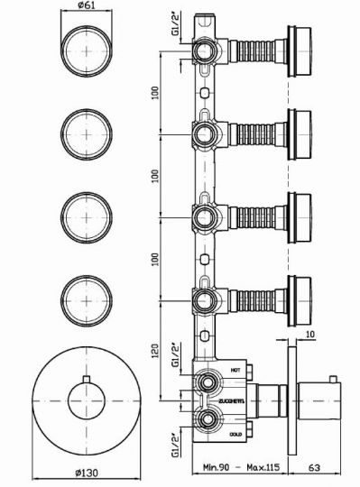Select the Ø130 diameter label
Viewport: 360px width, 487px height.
pos(87,475)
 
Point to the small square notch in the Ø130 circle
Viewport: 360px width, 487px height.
pos(87,377)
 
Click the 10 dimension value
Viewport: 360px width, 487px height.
pos(309,335)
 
